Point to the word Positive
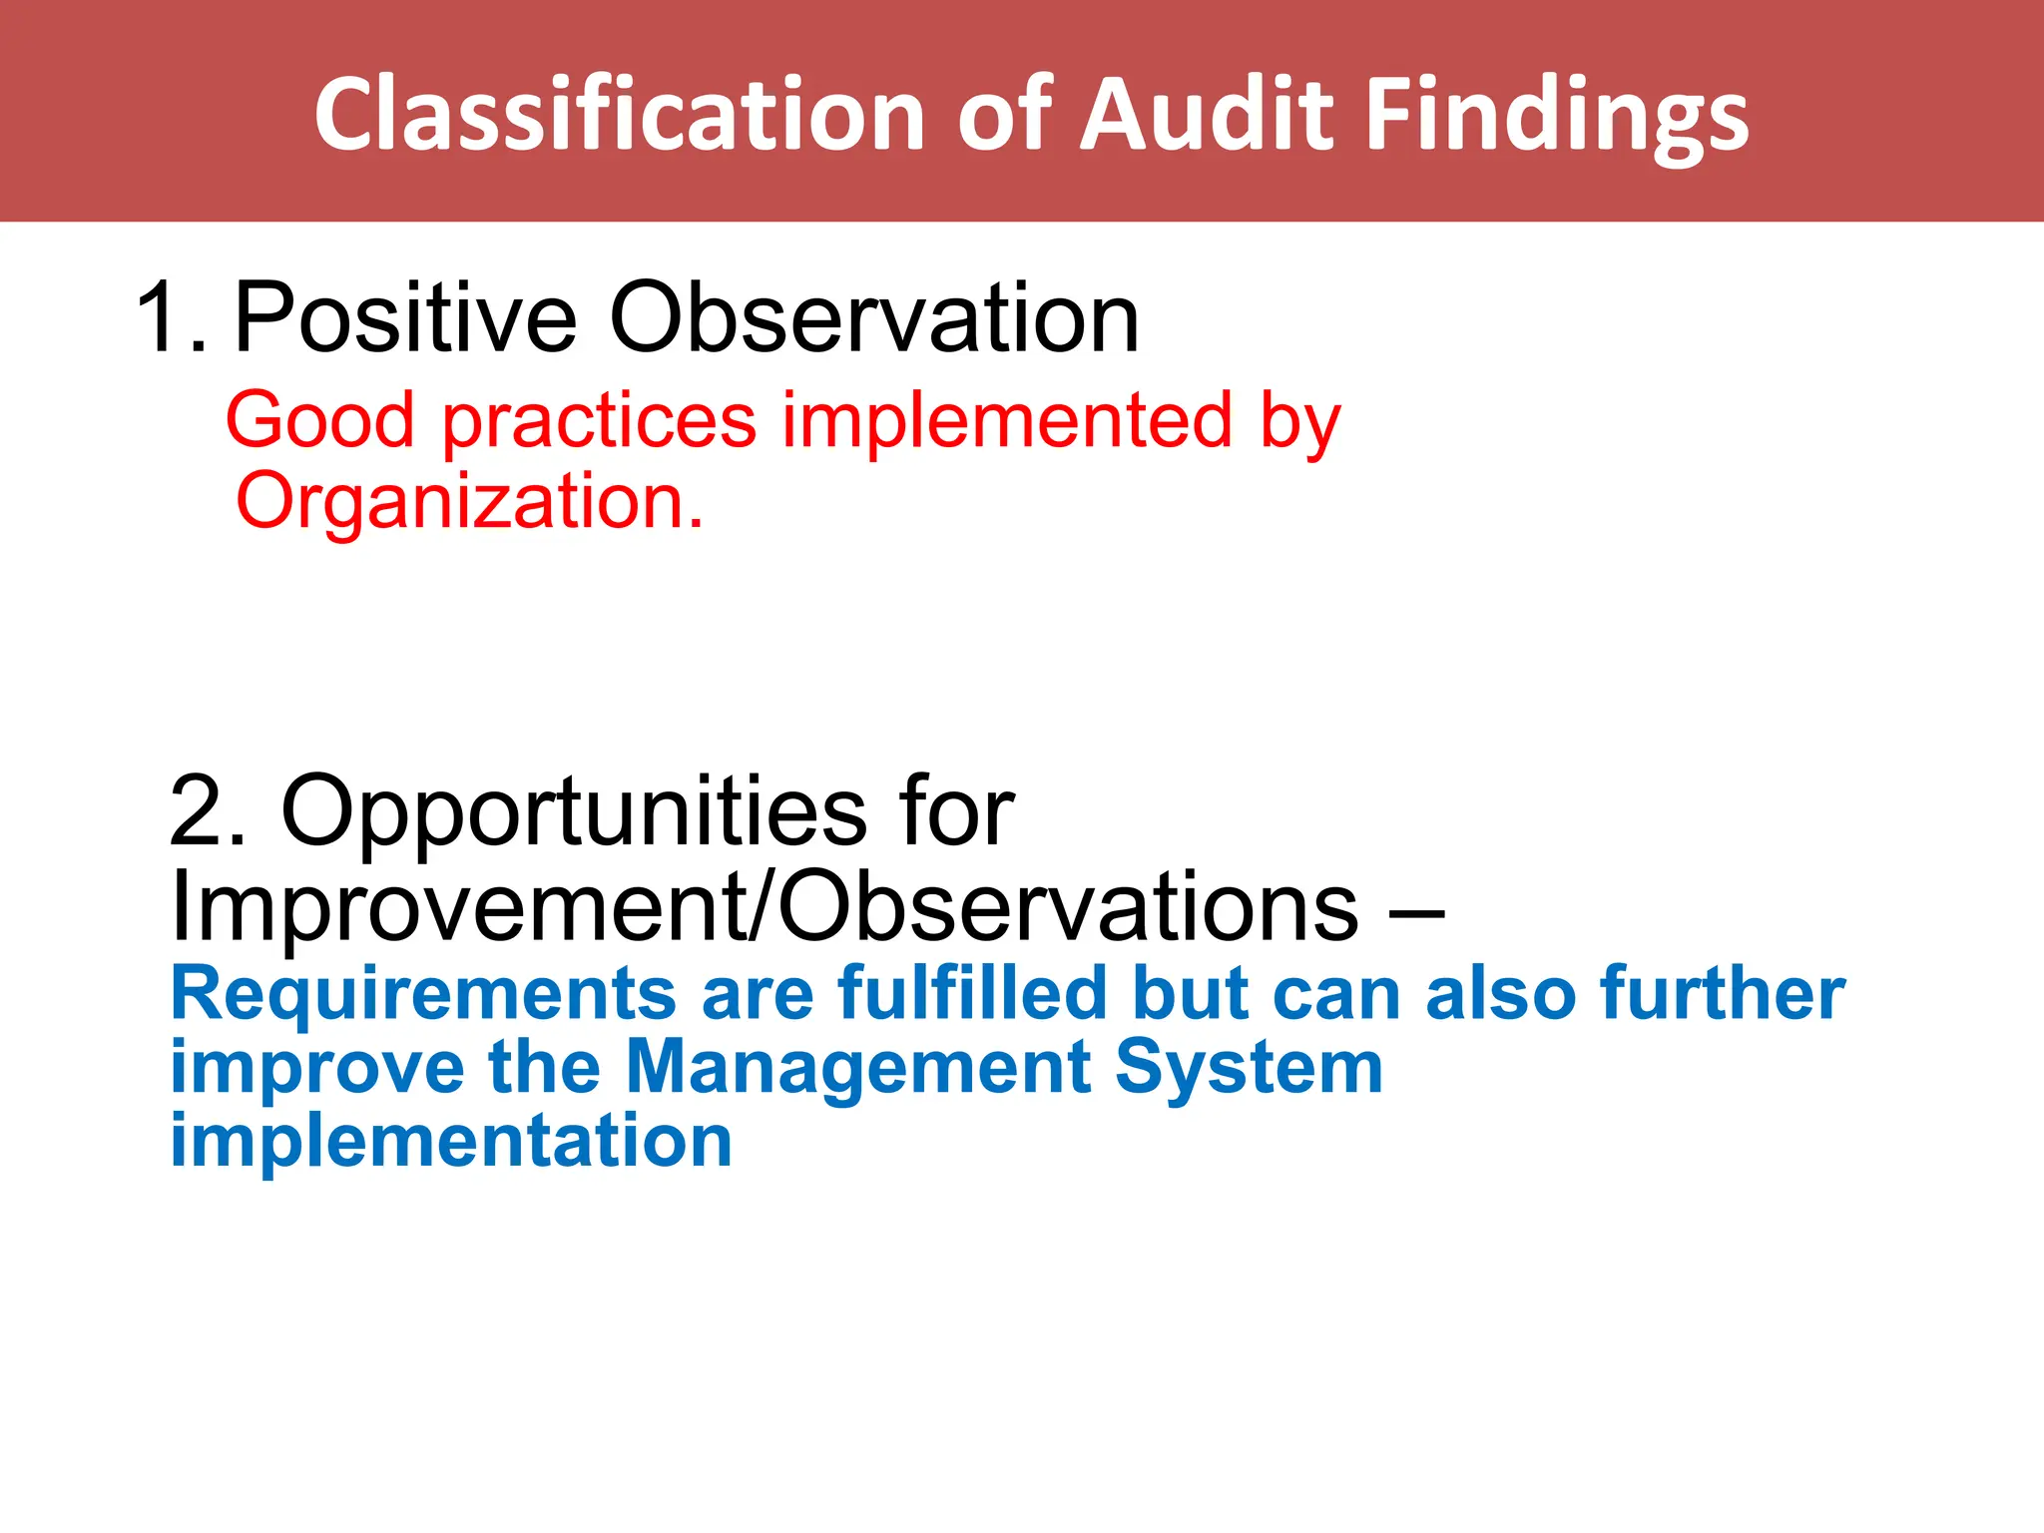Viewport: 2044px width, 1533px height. pyautogui.click(x=405, y=317)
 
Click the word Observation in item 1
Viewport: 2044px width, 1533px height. pyautogui.click(x=874, y=317)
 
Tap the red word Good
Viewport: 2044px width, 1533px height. pyautogui.click(x=319, y=420)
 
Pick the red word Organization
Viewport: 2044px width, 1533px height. pyautogui.click(x=469, y=502)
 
